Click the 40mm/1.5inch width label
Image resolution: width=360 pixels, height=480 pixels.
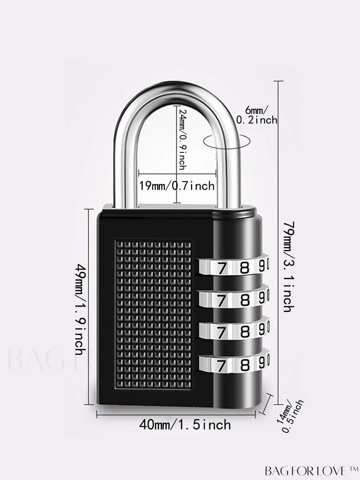pos(185,425)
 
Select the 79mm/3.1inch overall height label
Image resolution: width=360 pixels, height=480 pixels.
pos(288,266)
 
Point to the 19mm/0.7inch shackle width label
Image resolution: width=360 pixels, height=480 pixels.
pos(177,185)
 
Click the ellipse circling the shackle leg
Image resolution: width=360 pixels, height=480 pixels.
pos(227,140)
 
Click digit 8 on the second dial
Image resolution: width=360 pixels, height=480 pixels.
pos(245,300)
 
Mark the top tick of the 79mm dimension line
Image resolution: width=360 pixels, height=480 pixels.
pos(278,81)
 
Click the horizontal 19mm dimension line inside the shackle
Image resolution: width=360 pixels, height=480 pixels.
pos(158,173)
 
